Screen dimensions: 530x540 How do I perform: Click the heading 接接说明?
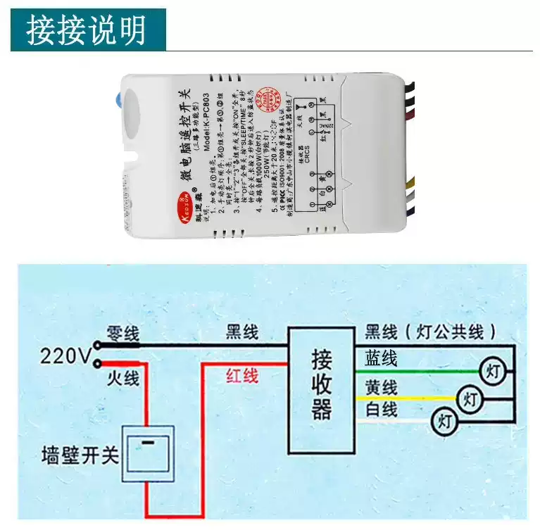tap(87, 30)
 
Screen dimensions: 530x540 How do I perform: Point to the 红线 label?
tap(242, 376)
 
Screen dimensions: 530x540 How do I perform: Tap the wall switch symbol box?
tap(148, 454)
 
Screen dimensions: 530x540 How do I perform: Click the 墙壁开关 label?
tap(80, 455)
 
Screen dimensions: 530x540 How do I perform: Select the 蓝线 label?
tap(381, 360)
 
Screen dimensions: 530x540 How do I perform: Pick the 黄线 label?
tap(381, 387)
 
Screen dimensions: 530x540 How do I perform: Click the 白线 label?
tap(381, 409)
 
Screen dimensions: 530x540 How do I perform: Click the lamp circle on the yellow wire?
tap(470, 399)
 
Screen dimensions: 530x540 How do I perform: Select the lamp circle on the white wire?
tap(444, 421)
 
